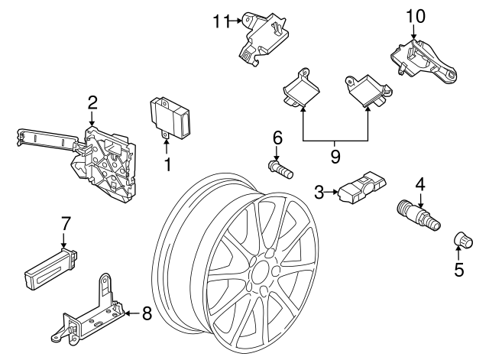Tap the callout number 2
point(92,102)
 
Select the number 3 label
point(317,193)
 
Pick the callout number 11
point(220,21)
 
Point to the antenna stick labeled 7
point(52,264)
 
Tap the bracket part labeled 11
point(264,37)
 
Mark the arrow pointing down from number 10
point(413,32)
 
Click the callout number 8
point(147,313)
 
